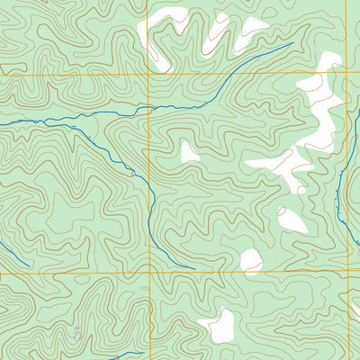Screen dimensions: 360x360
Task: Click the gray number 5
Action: [x=78, y=334]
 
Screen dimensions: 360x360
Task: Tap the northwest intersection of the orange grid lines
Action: [x=148, y=75]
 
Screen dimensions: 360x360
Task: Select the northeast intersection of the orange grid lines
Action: [x=348, y=75]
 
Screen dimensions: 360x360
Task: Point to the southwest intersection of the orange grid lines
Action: [x=148, y=273]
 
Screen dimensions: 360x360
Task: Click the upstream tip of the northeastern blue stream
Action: [x=293, y=43]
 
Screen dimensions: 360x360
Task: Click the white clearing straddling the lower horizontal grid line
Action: [x=251, y=262]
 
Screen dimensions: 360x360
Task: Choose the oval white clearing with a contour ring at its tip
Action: [x=293, y=220]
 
